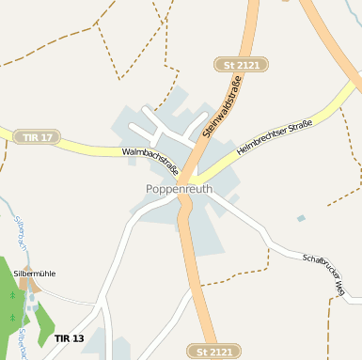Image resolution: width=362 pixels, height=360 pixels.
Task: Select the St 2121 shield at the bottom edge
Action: pos(214,352)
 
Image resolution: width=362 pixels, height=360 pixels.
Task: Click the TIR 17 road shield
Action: pos(37,137)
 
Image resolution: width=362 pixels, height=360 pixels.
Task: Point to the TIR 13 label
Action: pos(69,337)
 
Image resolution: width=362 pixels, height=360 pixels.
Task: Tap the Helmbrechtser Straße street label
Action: pos(274,136)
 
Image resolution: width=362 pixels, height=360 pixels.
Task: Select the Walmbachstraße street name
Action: pos(150,162)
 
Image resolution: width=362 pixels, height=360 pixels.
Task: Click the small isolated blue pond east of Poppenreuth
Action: pos(301,218)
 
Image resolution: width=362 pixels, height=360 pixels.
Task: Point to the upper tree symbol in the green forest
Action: pos(12,295)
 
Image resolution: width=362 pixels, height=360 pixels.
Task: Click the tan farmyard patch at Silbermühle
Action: pos(25,283)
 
